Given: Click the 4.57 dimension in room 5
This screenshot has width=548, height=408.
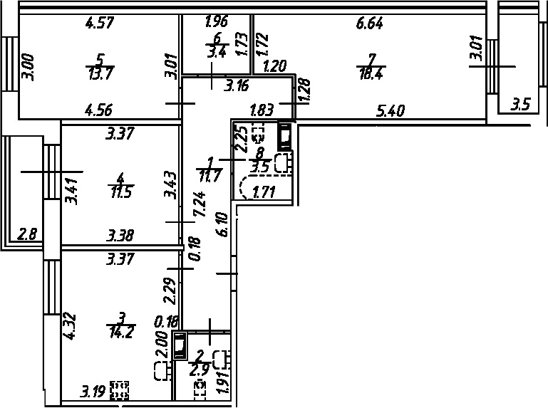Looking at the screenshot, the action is point(100,23).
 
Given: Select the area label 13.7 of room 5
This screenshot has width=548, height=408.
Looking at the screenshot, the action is point(100,74).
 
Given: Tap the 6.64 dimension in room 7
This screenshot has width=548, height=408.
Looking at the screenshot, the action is point(369,23).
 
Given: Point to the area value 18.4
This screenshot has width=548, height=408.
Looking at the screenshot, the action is point(371,74).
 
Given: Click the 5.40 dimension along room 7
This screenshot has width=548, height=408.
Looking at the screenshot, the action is point(391,111).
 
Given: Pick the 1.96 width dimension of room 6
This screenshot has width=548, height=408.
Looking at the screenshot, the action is point(217,21).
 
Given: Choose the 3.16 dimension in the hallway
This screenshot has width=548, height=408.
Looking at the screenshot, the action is point(237,85).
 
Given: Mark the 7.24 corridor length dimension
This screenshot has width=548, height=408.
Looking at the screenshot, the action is point(200,204).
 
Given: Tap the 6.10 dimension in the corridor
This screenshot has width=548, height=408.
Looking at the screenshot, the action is point(222,224).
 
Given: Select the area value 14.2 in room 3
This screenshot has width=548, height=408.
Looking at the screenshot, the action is point(120,332).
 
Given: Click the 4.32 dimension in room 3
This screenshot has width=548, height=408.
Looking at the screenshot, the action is point(69,327).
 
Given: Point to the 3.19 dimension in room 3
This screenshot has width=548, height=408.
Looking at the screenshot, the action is point(93,392).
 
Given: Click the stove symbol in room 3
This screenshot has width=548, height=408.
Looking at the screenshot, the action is point(120,390).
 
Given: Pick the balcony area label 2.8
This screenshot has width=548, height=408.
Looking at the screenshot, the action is point(27,234).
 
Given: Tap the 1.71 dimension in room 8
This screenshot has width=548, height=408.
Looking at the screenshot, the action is point(264,192).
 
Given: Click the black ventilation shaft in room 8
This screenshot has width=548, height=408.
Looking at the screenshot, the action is point(285,136).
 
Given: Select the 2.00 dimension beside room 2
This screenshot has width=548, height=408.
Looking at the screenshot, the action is point(163,344).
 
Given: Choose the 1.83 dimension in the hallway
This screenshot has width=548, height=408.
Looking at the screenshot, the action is point(262,110).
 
